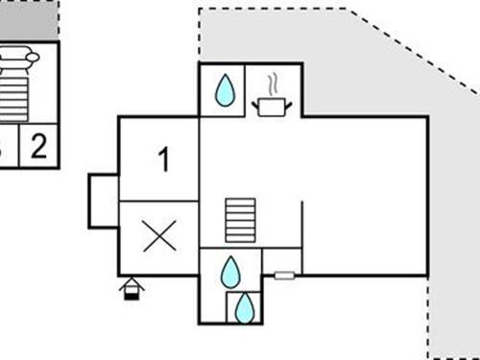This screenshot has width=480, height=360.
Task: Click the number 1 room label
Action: [163, 160]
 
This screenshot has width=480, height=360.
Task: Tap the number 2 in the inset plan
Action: [38, 147]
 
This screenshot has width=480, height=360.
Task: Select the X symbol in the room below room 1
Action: [158, 235]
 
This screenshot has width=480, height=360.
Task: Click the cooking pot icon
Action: [271, 106]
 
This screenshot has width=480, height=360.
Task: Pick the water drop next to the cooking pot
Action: [225, 91]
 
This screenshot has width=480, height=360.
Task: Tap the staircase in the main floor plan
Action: [241, 221]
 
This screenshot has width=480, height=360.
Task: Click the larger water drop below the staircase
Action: [230, 272]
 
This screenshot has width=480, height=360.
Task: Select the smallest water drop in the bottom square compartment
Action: [246, 307]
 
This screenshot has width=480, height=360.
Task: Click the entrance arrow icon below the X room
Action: [132, 287]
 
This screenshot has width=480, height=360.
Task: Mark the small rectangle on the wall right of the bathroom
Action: [283, 276]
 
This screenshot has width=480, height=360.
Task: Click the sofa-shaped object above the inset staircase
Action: [19, 60]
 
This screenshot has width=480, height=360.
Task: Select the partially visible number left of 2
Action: [3, 147]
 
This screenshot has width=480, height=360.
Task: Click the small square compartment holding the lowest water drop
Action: [244, 307]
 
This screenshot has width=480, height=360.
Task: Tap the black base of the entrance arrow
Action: [132, 294]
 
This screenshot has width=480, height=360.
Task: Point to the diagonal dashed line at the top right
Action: [413, 48]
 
